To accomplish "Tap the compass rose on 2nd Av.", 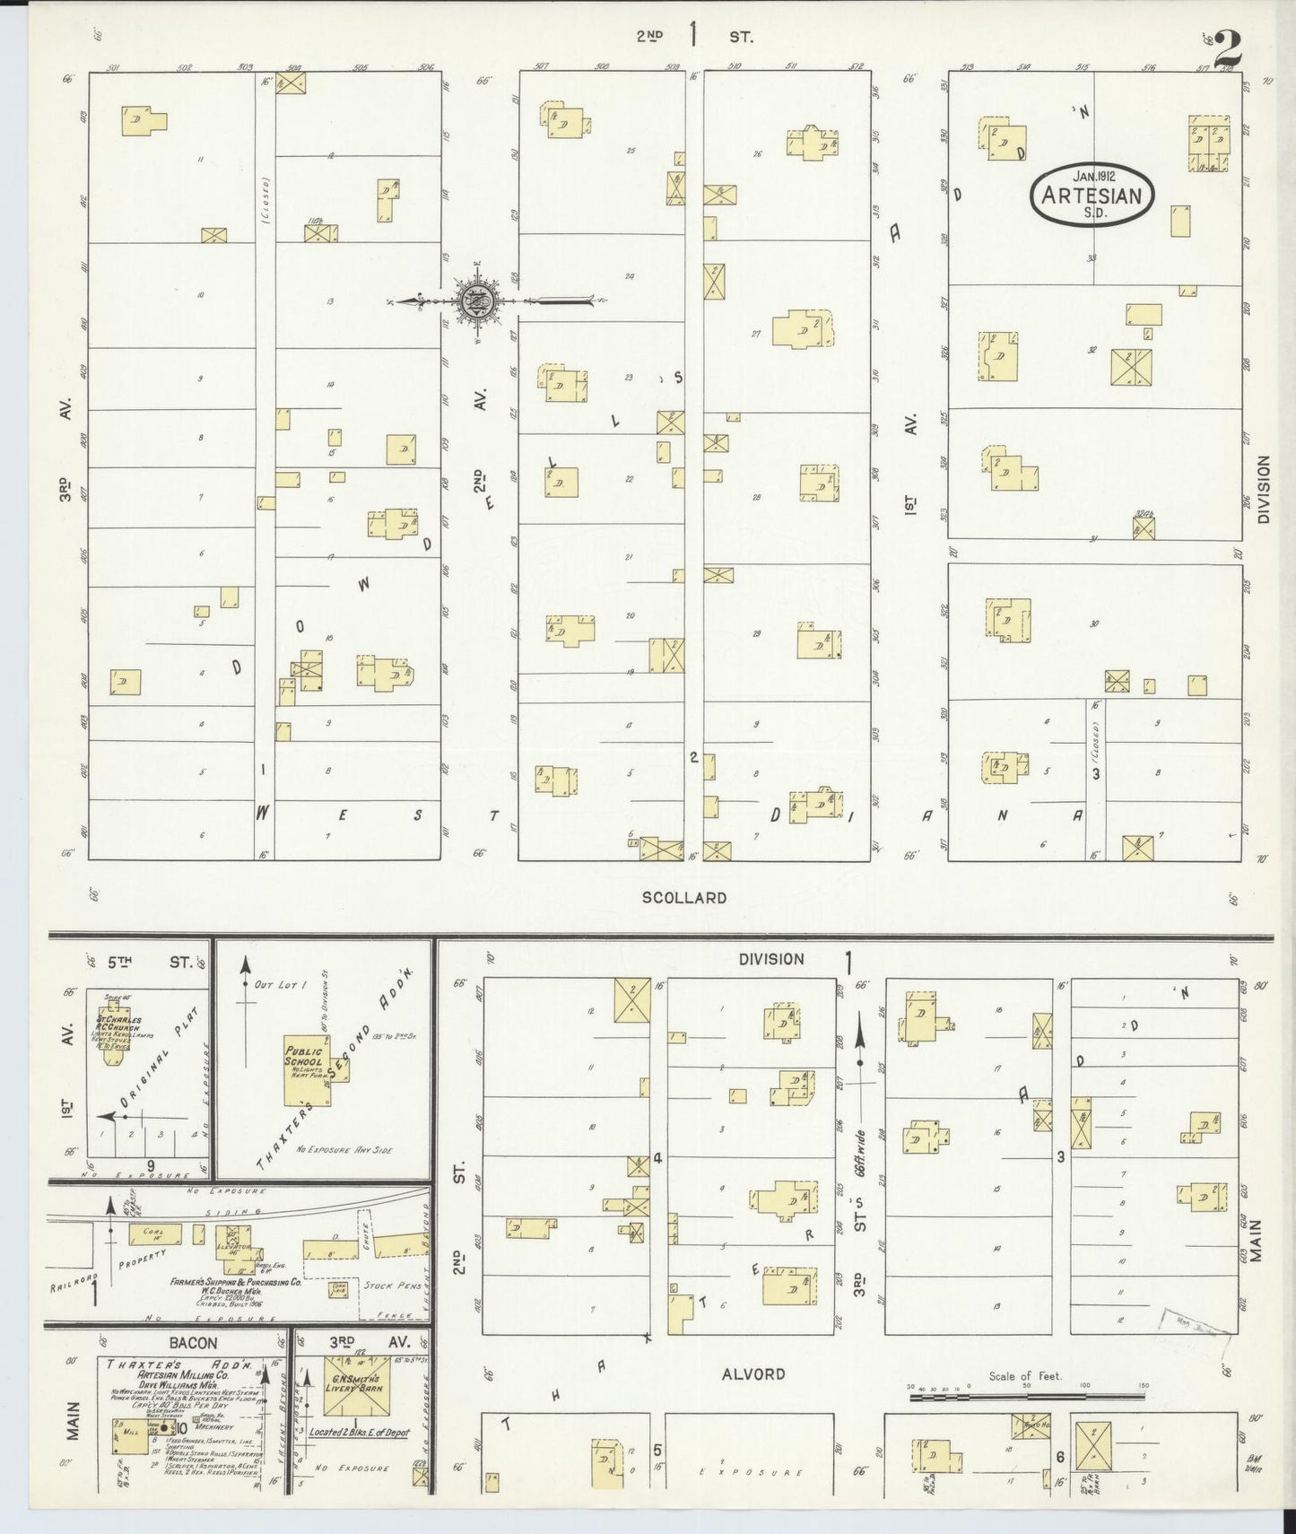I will point(474,301).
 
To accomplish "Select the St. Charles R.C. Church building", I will point(113,1033).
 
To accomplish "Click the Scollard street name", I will point(683,897).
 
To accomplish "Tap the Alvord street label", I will point(753,1373).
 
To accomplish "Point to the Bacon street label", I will point(194,1343).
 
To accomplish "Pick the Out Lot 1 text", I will point(281,984).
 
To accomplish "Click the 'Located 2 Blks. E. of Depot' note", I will point(358,1433).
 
